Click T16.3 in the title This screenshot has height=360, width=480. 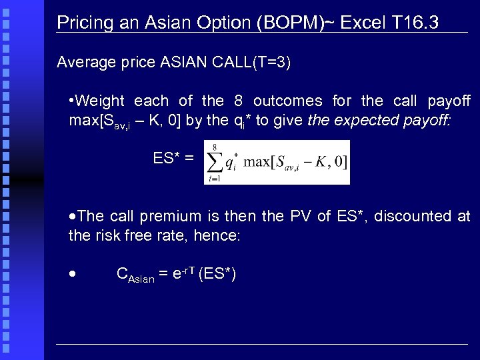[x=415, y=23]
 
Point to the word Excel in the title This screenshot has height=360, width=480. [x=363, y=23]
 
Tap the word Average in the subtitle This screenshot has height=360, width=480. [x=83, y=63]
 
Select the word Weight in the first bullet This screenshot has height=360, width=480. [x=101, y=101]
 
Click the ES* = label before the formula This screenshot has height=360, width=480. [x=174, y=159]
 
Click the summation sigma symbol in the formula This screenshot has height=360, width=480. [x=215, y=162]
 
